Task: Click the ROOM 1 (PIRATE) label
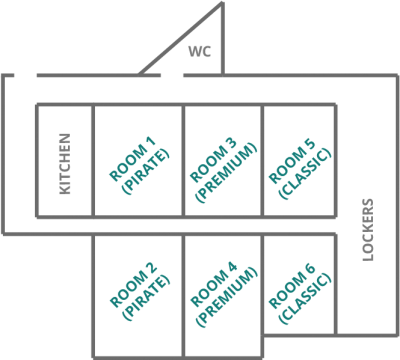pos(138,161)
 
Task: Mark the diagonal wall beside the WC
pos(180,38)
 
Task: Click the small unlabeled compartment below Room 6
pos(300,347)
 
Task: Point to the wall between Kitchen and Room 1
pos(93,161)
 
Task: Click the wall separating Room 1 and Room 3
pos(183,161)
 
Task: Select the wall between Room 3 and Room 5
pos(262,161)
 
